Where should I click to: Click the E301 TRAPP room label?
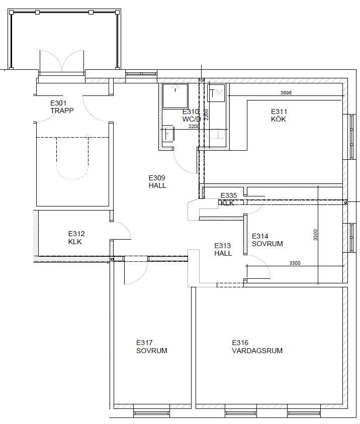pyautogui.click(x=62, y=107)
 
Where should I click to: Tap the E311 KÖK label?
pyautogui.click(x=279, y=115)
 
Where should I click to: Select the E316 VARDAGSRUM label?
pyautogui.click(x=257, y=347)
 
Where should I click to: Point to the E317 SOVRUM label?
pyautogui.click(x=151, y=347)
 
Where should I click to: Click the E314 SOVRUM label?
pyautogui.click(x=267, y=240)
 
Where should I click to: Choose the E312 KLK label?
pyautogui.click(x=76, y=238)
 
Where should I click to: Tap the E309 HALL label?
pyautogui.click(x=157, y=181)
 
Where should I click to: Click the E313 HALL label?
pyautogui.click(x=223, y=249)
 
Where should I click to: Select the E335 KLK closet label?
pyautogui.click(x=228, y=199)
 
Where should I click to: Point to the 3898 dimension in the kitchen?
pyautogui.click(x=286, y=93)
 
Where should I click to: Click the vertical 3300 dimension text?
pyautogui.click(x=315, y=235)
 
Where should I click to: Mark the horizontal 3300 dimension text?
pyautogui.click(x=295, y=263)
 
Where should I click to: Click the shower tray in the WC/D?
pyautogui.click(x=175, y=96)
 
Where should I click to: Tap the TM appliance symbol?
pyautogui.click(x=216, y=93)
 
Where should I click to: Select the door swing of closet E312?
pyautogui.click(x=122, y=231)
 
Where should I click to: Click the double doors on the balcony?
pyautogui.click(x=62, y=61)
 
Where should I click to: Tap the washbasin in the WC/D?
pyautogui.click(x=168, y=133)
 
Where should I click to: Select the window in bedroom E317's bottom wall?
pyautogui.click(x=151, y=413)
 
